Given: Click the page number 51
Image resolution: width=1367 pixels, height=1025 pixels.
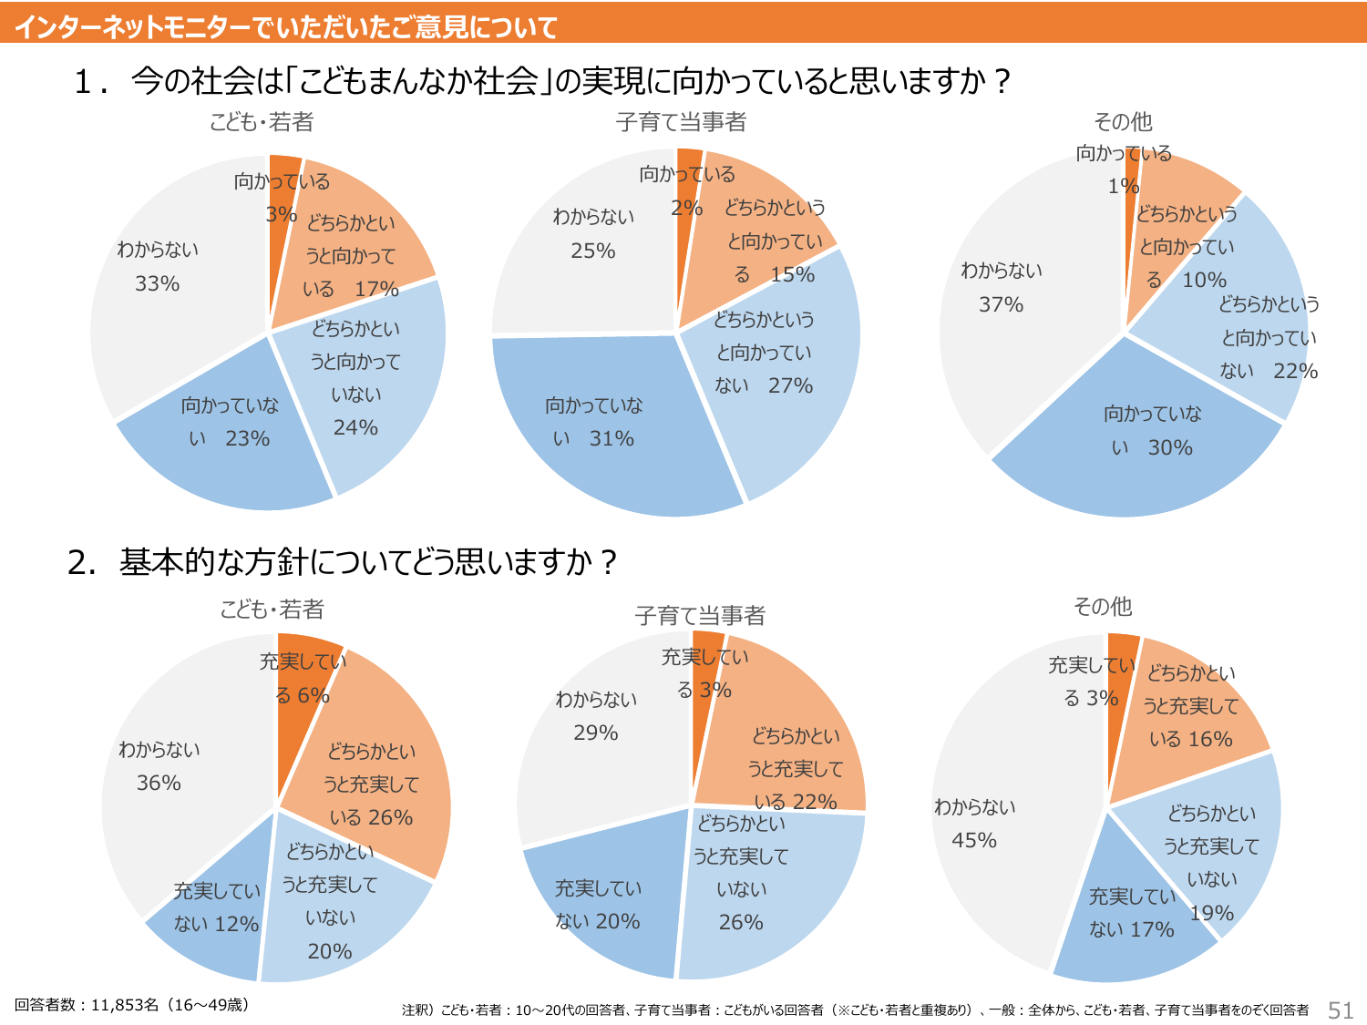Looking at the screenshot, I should click(1340, 1010).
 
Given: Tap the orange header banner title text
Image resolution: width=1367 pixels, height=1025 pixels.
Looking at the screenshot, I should click(285, 26).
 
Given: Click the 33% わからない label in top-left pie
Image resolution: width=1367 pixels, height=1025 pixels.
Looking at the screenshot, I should click(157, 266).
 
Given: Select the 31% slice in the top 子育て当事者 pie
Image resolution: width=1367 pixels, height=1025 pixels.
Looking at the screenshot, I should click(594, 422).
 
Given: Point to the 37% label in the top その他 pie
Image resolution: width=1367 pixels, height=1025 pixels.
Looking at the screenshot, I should click(1001, 287).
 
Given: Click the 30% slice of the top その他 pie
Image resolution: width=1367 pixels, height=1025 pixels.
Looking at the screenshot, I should click(1152, 431).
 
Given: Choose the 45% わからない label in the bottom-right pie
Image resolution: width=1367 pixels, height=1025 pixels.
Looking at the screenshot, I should click(974, 823).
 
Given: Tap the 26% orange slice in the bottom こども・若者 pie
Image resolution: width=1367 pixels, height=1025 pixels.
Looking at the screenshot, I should click(372, 784).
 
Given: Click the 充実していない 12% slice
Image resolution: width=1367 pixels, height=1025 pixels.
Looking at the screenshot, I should click(216, 907).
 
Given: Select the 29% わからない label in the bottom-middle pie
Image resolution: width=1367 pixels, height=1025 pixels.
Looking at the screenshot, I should click(596, 716).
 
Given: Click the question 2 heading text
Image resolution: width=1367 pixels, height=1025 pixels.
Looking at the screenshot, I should click(343, 561).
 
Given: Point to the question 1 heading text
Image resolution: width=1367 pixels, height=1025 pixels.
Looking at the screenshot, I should click(543, 81).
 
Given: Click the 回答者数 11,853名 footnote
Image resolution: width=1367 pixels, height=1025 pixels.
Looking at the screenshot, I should click(131, 1005).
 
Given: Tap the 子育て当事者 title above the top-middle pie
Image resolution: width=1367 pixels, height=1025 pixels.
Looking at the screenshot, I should click(681, 121).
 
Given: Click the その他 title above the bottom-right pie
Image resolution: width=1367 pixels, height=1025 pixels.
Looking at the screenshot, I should click(1102, 606).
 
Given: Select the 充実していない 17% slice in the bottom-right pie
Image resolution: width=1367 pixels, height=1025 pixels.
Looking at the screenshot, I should click(1131, 913).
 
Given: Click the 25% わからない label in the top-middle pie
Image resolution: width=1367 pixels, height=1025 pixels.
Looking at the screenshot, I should click(593, 233).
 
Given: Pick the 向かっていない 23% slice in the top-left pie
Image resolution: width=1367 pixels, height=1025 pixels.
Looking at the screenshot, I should click(229, 422).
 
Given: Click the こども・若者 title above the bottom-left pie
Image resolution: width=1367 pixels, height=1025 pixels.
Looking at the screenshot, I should click(272, 609).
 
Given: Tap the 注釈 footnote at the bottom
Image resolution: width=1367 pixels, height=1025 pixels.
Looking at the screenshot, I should click(855, 1010).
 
